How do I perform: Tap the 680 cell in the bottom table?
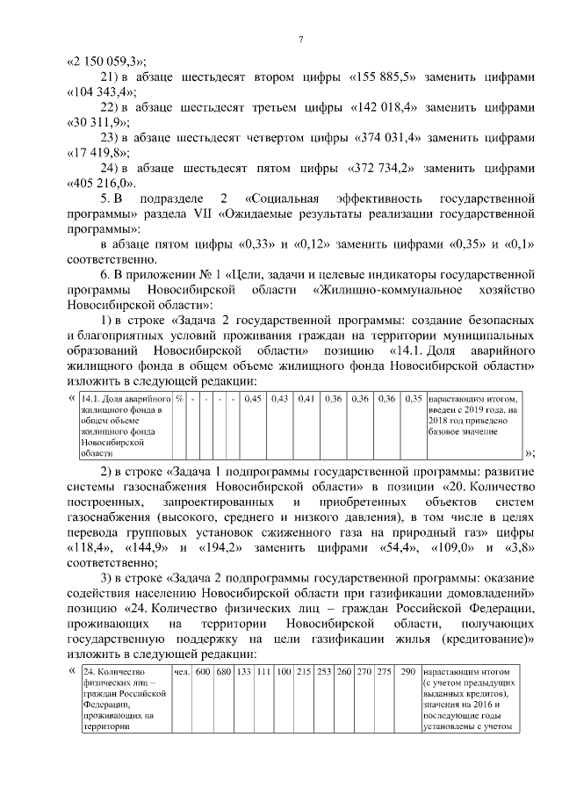(224, 672)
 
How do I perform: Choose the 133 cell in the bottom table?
(245, 672)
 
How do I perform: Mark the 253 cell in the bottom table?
(324, 672)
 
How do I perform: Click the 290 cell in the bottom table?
(407, 672)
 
